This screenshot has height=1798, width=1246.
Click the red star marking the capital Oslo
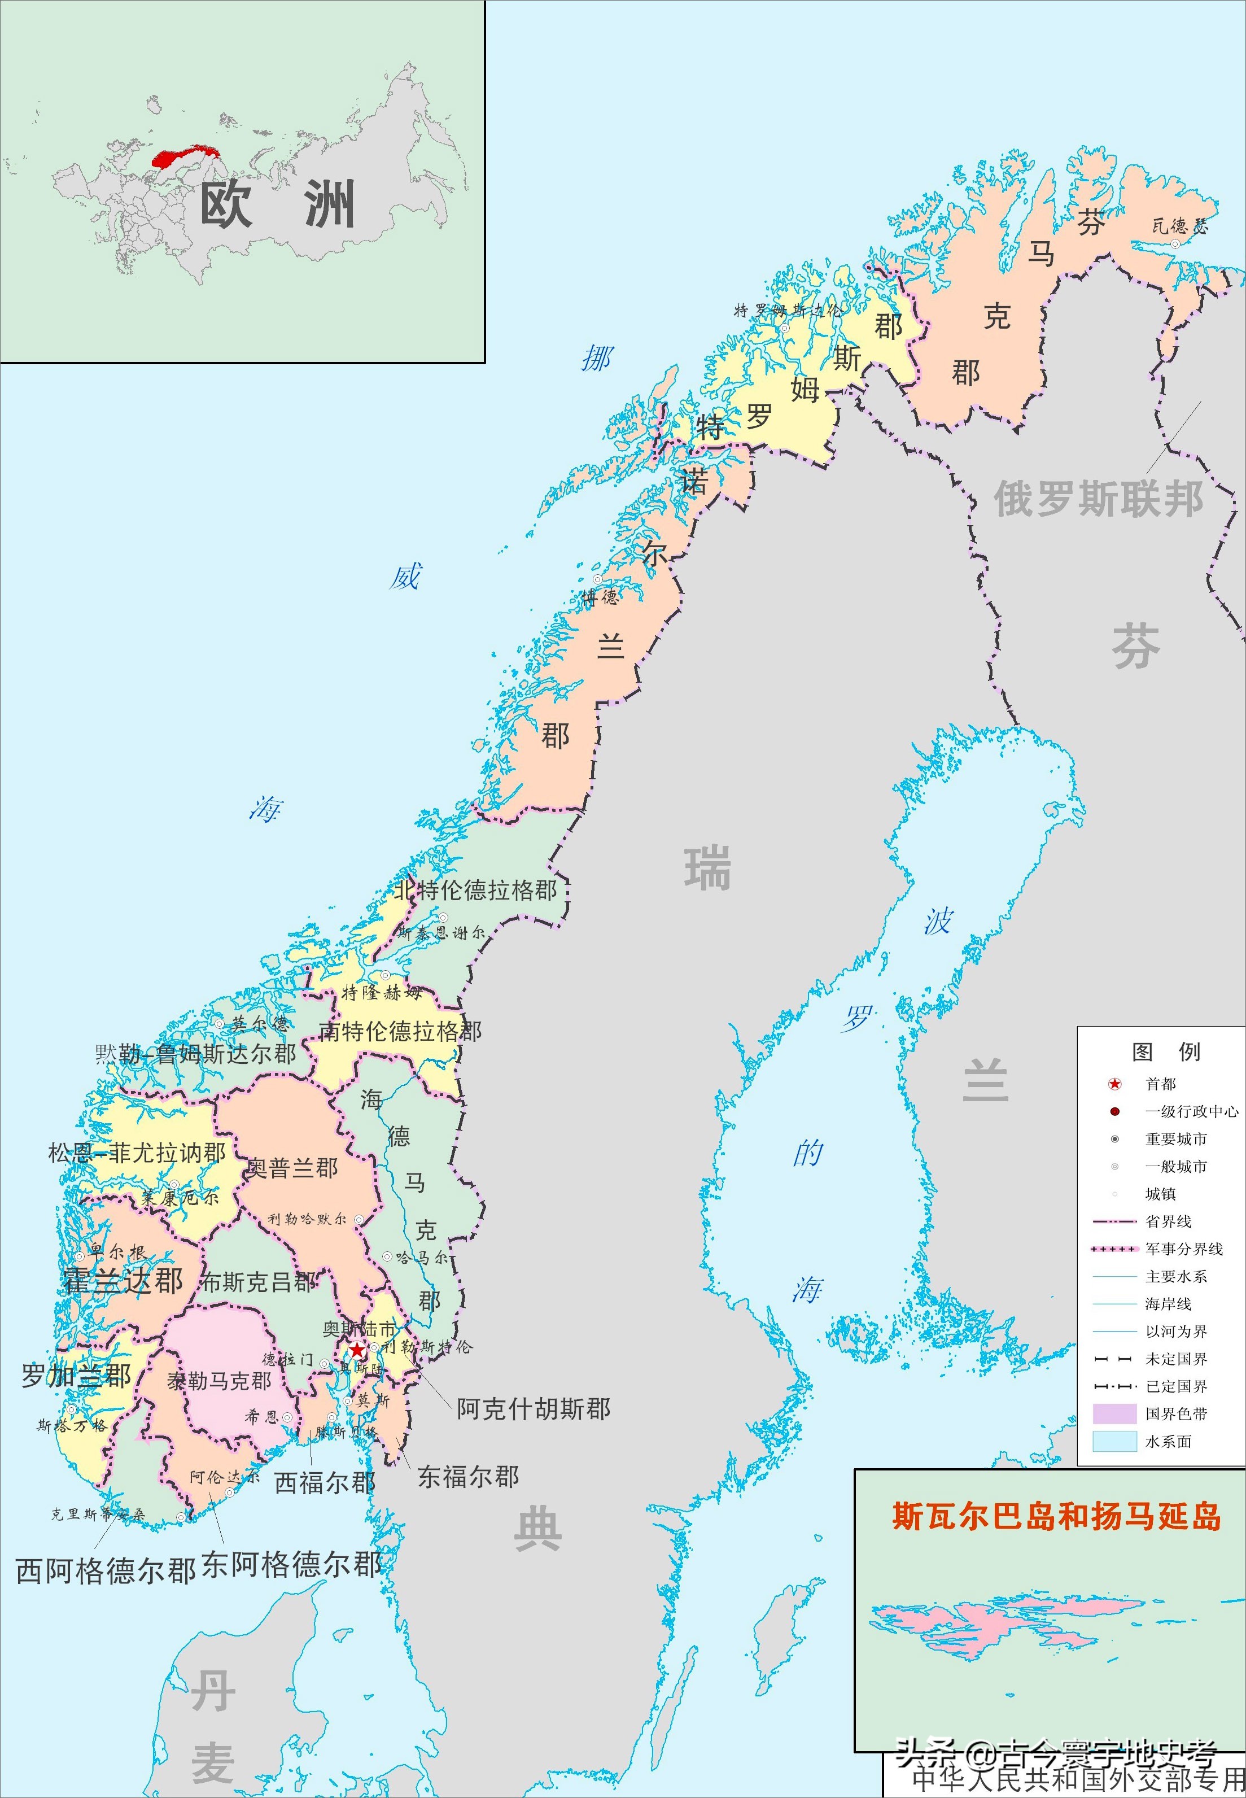pyautogui.click(x=357, y=1350)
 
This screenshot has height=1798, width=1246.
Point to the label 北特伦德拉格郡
pyautogui.click(x=475, y=890)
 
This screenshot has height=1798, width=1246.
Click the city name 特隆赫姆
pyautogui.click(x=382, y=992)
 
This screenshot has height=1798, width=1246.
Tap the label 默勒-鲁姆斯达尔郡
pyautogui.click(x=195, y=1054)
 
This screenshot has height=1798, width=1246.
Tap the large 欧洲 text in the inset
pyautogui.click(x=278, y=204)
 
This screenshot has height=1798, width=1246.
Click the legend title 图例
pyautogui.click(x=1166, y=1051)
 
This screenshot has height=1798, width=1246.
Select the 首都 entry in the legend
pyautogui.click(x=1160, y=1084)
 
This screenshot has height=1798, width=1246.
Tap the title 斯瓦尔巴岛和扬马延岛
pyautogui.click(x=1056, y=1516)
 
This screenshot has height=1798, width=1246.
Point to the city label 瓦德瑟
pyautogui.click(x=1179, y=226)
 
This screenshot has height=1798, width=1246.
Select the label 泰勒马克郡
pyautogui.click(x=220, y=1381)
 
